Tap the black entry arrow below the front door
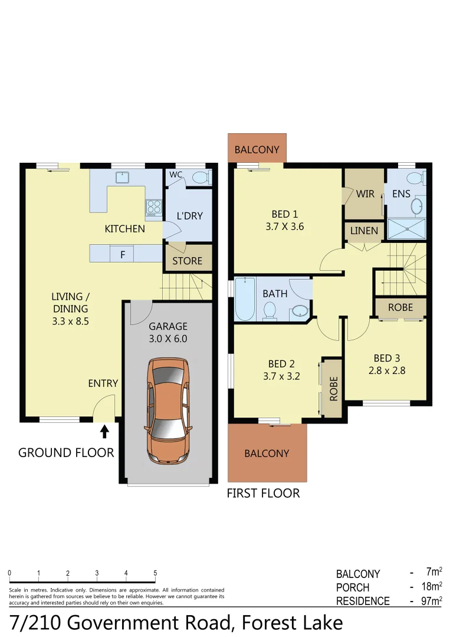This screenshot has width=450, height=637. pos(105,432)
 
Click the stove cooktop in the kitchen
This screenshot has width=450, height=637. pos(154,207)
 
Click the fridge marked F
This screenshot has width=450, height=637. pos(123,255)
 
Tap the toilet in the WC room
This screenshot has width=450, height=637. pos(199,176)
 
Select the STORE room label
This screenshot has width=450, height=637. pos(188,261)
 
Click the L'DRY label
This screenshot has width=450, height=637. pos(189,216)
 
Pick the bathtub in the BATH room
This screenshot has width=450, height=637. pos(244,299)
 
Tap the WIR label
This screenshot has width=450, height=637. pos(365,194)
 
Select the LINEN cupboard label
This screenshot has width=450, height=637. pos(364,231)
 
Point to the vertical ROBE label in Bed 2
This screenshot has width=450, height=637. pos(333,389)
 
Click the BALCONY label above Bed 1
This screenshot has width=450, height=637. pos(257,150)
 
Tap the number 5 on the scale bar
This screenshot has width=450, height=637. pos(155,573)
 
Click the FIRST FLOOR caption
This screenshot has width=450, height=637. pos(263,493)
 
